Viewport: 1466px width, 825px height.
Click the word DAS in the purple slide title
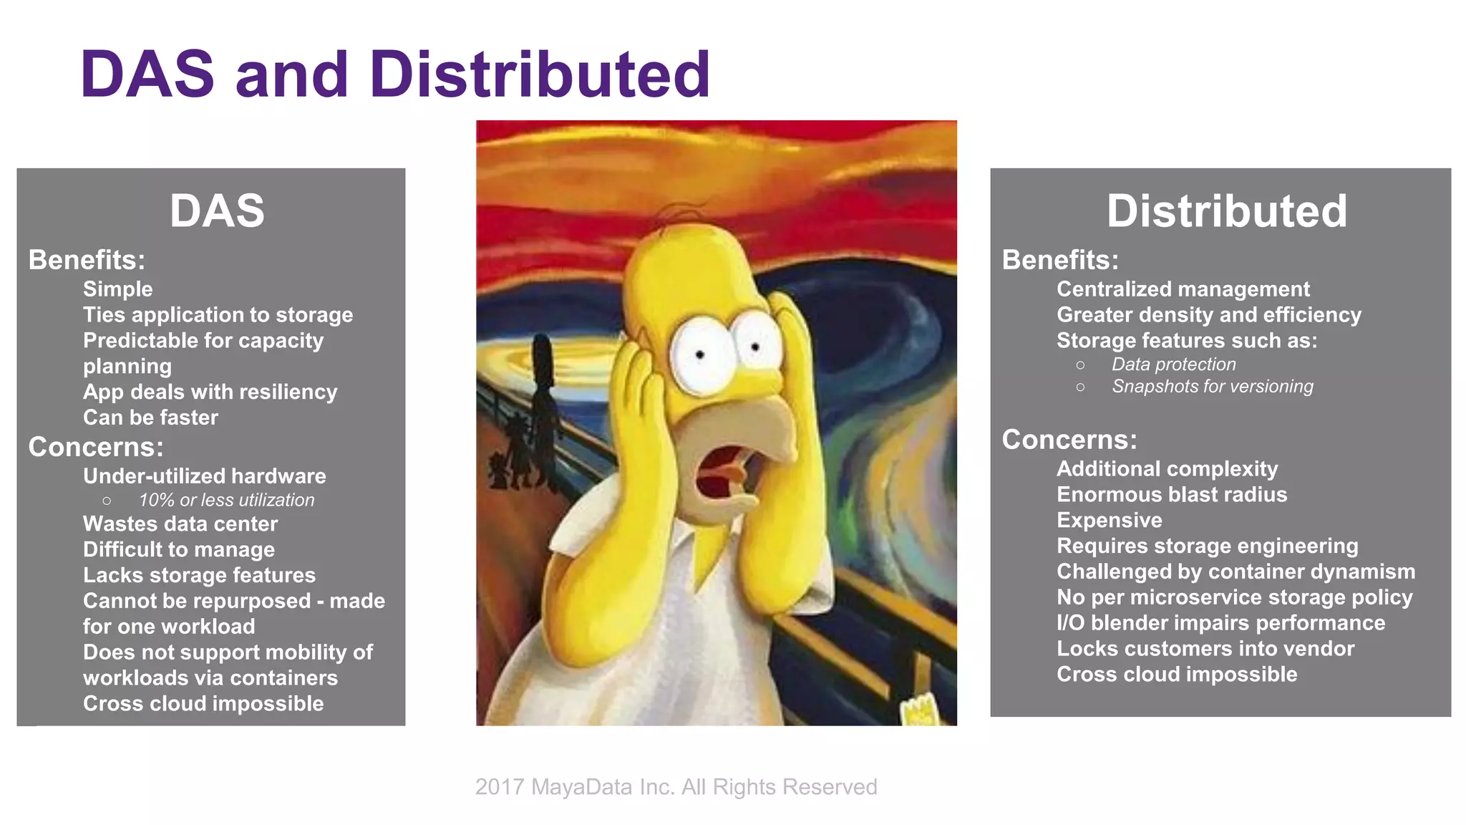(147, 74)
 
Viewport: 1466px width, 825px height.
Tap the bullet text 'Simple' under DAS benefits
(117, 289)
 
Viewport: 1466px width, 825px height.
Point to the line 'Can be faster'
(150, 418)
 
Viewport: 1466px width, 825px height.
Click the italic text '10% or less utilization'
(226, 500)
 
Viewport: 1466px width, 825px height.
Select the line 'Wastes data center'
(180, 524)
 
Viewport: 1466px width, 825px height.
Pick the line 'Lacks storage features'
(199, 575)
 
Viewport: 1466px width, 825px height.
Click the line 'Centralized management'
(1183, 289)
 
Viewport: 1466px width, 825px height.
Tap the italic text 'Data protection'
(1173, 365)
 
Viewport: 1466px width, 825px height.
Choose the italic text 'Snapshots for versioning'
(1212, 387)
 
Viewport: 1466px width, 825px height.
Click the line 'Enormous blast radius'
(1171, 495)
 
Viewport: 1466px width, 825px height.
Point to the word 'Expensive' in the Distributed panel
(1109, 521)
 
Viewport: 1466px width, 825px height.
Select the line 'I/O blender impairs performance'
(1220, 623)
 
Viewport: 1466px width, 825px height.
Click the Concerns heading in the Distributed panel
(1069, 440)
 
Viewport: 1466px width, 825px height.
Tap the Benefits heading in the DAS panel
(87, 260)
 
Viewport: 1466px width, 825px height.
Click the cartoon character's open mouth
(719, 476)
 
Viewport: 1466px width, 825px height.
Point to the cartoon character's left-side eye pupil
(700, 354)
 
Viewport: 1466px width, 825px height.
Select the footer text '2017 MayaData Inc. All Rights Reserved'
(676, 787)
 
